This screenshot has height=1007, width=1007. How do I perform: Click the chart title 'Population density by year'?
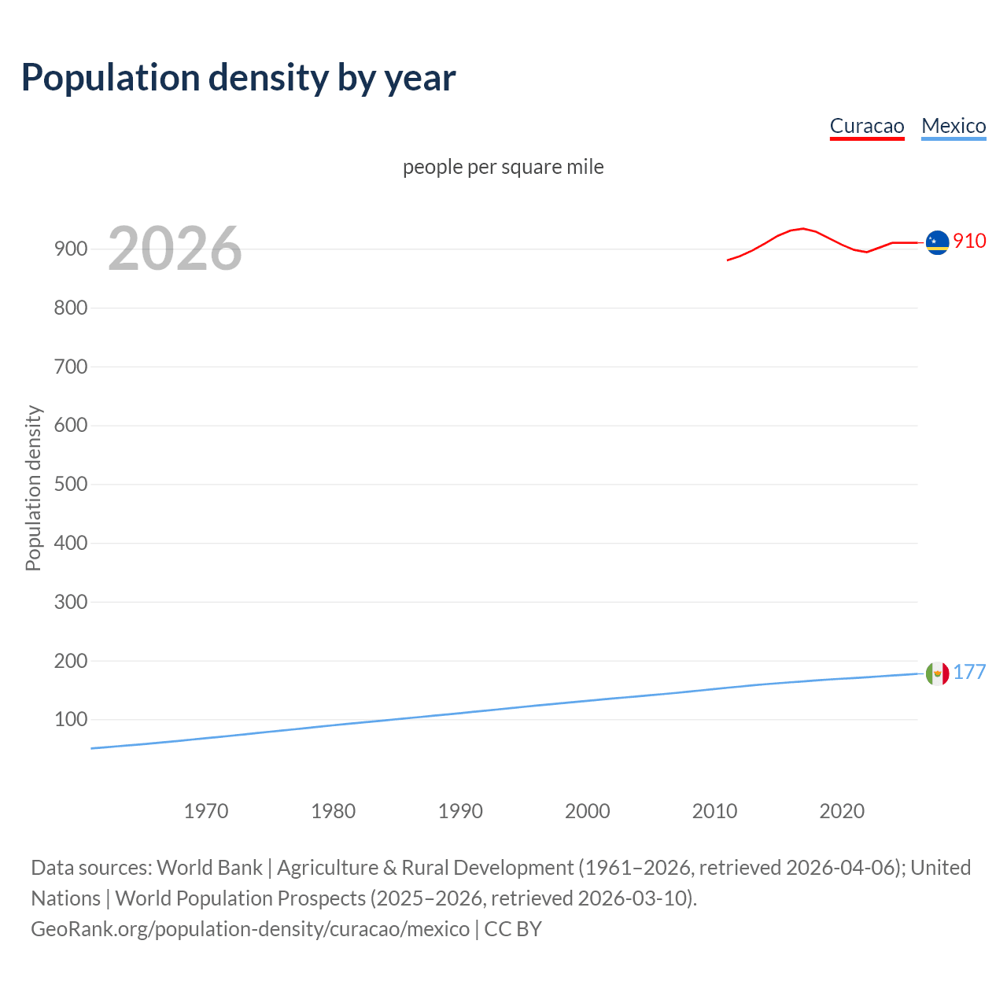point(238,77)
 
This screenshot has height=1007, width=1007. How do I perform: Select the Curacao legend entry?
point(867,126)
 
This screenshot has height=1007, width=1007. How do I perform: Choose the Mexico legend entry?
point(954,126)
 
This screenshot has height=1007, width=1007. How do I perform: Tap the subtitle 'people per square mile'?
point(503,167)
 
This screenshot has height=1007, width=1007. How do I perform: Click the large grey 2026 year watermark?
point(175,249)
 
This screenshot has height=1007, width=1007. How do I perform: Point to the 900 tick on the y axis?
point(71,249)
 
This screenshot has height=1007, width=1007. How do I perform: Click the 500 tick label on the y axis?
point(71,484)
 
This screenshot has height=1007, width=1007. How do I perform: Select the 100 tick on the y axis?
point(71,719)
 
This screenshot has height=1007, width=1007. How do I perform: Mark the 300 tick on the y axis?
point(71,602)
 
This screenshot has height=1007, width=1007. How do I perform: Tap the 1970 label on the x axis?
point(206,811)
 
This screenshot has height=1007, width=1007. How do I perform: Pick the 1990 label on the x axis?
point(460,811)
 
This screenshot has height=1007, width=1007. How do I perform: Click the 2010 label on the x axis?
point(714,811)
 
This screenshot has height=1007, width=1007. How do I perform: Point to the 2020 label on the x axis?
point(842,811)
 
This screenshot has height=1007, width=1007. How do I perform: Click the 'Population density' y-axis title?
point(33,488)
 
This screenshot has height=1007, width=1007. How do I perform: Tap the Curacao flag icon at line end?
point(937,242)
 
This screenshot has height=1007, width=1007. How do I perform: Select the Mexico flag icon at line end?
point(937,673)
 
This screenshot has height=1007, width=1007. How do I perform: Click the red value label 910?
point(969,241)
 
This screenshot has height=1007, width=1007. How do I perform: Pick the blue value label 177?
point(969,672)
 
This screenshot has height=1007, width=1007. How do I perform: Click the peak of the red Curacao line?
point(802,228)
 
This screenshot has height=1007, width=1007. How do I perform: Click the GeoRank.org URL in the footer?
point(250,929)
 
